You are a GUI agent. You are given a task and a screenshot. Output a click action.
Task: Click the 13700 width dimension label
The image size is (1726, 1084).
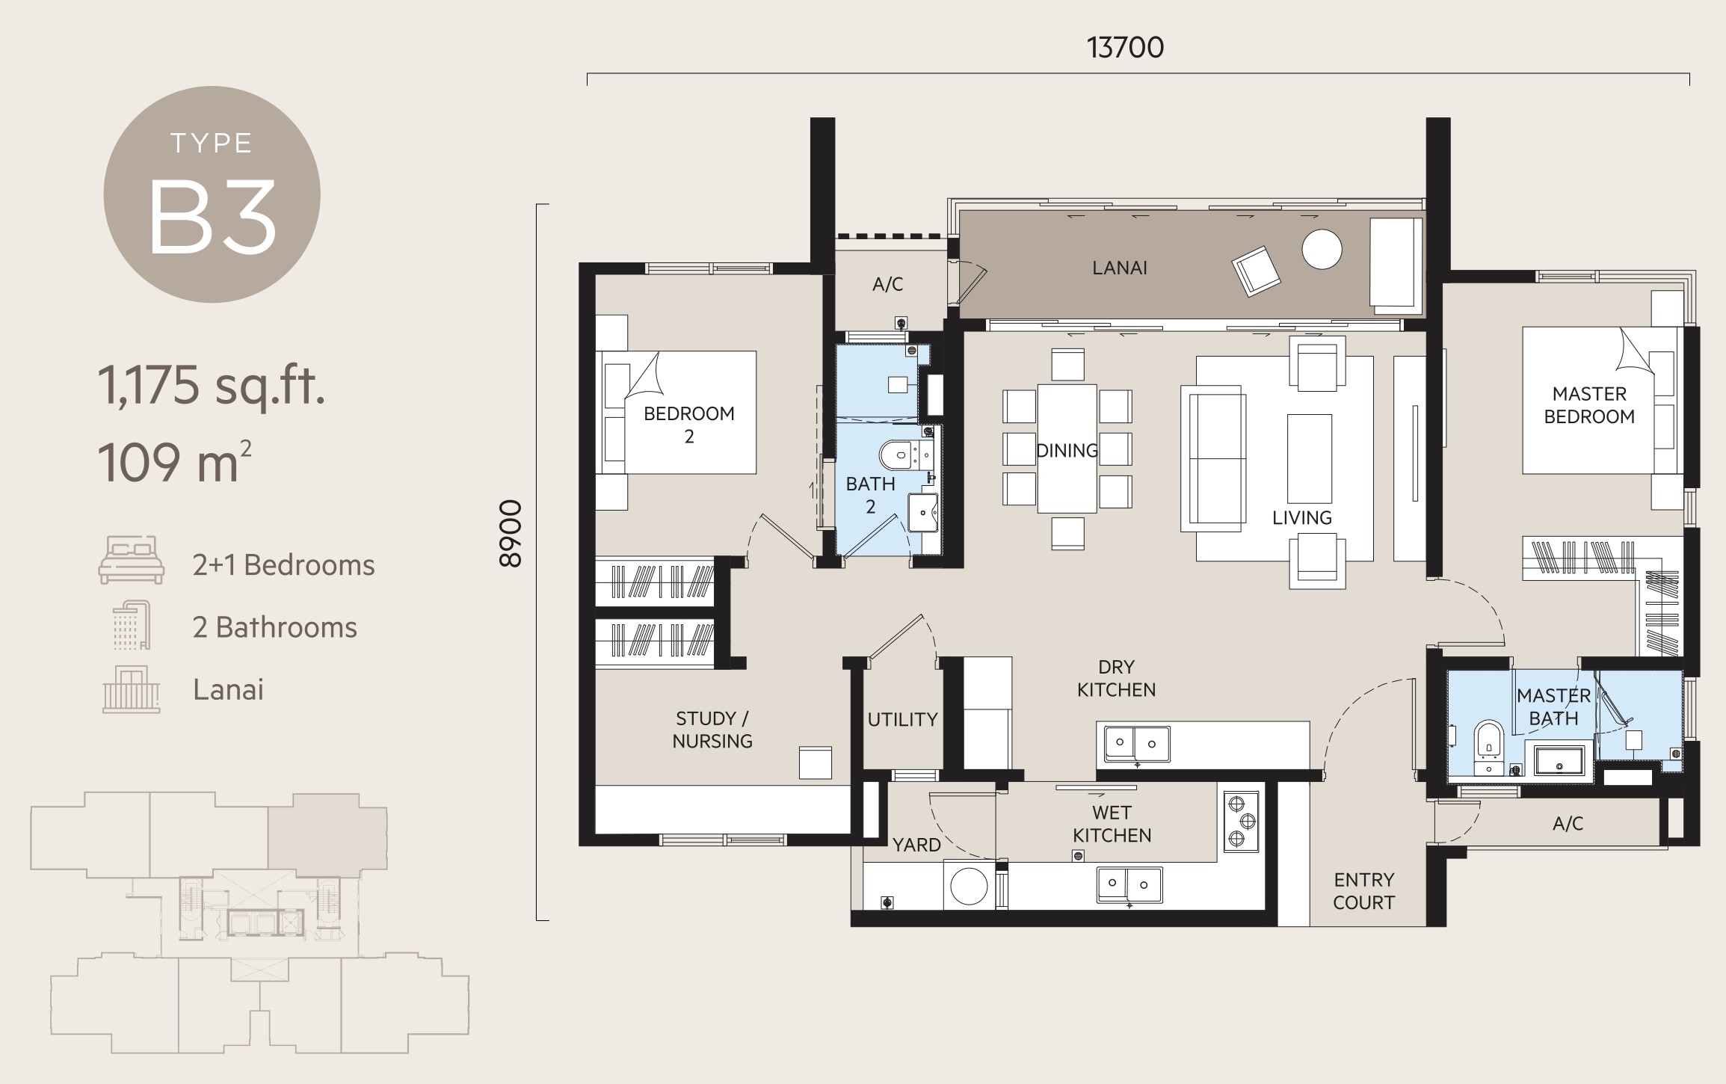(1125, 48)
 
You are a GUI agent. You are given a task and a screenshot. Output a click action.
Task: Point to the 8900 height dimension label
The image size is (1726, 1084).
(510, 534)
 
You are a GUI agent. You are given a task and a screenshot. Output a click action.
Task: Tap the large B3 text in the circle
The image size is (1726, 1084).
(213, 218)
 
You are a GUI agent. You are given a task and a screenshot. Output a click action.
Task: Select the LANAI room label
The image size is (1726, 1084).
(1119, 268)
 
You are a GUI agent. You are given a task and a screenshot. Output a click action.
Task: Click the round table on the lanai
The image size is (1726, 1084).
(1322, 249)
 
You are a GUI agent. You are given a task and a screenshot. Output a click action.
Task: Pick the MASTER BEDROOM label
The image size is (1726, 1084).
(1589, 405)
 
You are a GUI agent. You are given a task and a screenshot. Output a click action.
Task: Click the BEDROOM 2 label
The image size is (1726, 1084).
(689, 425)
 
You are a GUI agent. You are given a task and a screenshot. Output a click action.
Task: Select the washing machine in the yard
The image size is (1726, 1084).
(969, 885)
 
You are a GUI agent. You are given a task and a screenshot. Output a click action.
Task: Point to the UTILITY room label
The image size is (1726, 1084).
(902, 719)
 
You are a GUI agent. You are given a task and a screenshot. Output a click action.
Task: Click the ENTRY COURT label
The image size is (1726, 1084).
(1363, 891)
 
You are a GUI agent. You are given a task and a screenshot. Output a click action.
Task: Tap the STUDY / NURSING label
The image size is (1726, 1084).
(712, 730)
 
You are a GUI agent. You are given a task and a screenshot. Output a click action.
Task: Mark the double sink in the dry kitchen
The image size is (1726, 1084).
(1133, 742)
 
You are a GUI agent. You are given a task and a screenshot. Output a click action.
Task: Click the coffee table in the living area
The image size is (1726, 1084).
(1309, 459)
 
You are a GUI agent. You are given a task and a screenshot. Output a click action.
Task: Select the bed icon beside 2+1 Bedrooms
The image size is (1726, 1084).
(131, 560)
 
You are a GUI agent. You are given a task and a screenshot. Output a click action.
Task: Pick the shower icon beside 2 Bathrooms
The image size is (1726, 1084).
(131, 625)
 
